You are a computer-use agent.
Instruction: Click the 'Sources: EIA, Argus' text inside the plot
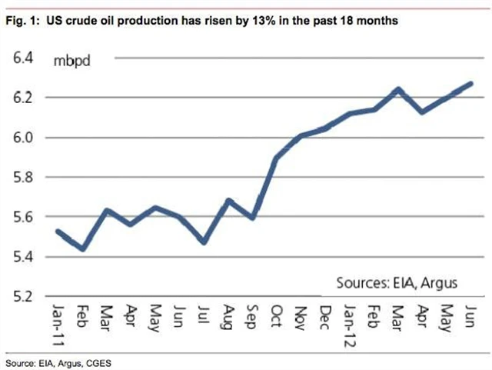pyautogui.click(x=397, y=283)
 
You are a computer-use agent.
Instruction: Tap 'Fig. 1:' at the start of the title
pyautogui.click(x=23, y=22)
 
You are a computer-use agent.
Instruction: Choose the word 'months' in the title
pyautogui.click(x=379, y=22)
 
